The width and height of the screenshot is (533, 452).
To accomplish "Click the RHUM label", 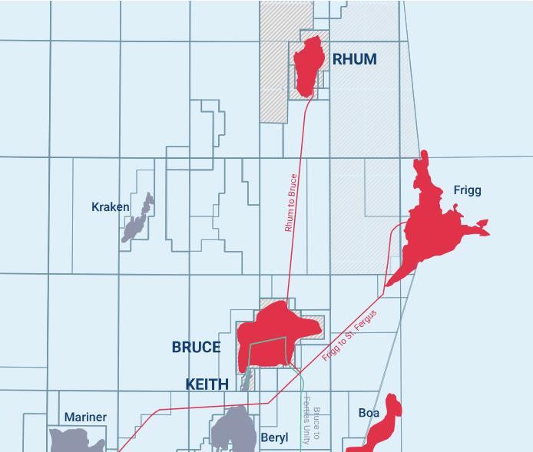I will click(x=354, y=59).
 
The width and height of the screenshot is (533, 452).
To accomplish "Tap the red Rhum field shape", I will click(x=309, y=67).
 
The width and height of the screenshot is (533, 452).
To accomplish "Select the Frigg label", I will click(x=467, y=190).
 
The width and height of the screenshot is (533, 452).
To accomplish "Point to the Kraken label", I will click(x=110, y=207).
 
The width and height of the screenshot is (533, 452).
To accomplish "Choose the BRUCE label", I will click(x=196, y=348).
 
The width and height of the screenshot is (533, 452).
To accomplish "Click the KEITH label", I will click(x=207, y=384).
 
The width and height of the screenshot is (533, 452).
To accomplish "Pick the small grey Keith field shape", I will click(x=247, y=380).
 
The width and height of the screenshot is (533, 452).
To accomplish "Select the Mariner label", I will click(x=85, y=417).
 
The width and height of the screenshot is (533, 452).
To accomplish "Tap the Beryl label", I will click(x=274, y=438).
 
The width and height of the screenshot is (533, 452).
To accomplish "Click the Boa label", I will click(x=369, y=413).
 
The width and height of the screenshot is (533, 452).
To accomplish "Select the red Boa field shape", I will click(x=384, y=426).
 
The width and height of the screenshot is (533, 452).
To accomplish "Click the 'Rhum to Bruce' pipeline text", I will click(x=290, y=203).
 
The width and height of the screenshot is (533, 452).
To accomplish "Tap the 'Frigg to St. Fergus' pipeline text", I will click(x=350, y=336).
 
